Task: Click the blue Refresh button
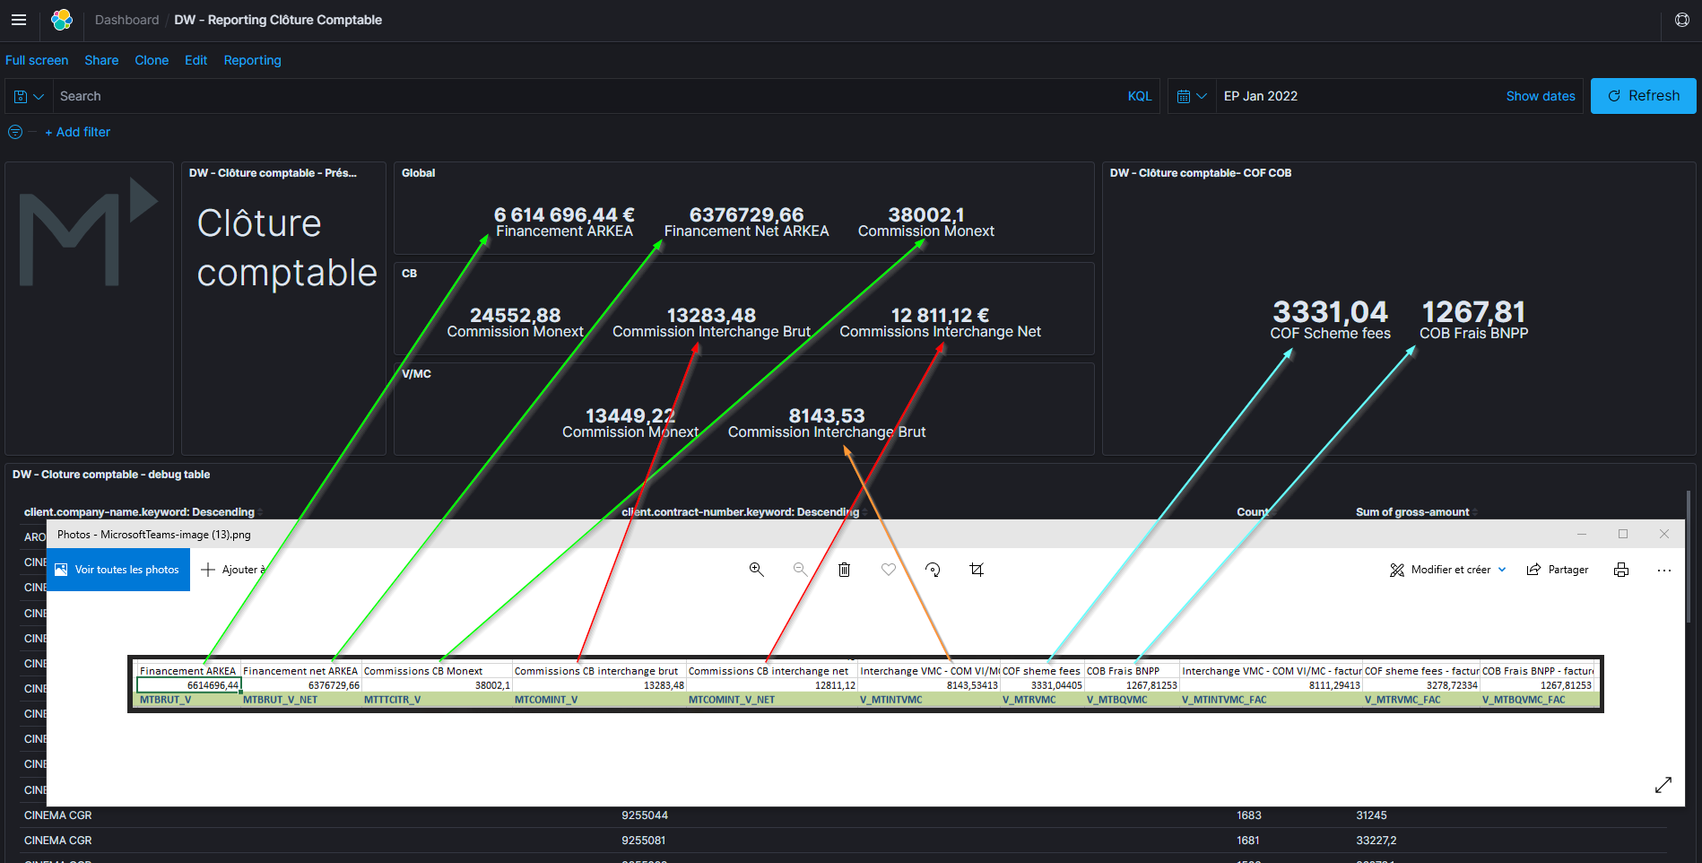[x=1643, y=96]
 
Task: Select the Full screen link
[x=37, y=60]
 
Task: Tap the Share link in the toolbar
[x=101, y=60]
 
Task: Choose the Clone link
[x=152, y=60]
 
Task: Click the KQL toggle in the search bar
[x=1139, y=96]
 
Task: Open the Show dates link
[x=1540, y=96]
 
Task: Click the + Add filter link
[x=78, y=132]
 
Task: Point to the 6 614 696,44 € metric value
[x=564, y=215]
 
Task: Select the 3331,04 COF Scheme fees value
[x=1330, y=312]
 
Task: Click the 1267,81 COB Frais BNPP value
[x=1473, y=312]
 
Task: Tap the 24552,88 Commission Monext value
[x=515, y=316]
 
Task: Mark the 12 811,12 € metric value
[x=940, y=316]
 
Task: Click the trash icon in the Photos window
[x=844, y=570]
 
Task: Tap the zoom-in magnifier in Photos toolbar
[x=757, y=570]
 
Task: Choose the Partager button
[x=1558, y=570]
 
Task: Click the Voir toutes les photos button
[x=117, y=570]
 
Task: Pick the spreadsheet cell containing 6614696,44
[x=189, y=685]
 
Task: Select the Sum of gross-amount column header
[x=1412, y=512]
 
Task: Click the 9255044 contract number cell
[x=645, y=815]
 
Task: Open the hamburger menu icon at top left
[x=19, y=20]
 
